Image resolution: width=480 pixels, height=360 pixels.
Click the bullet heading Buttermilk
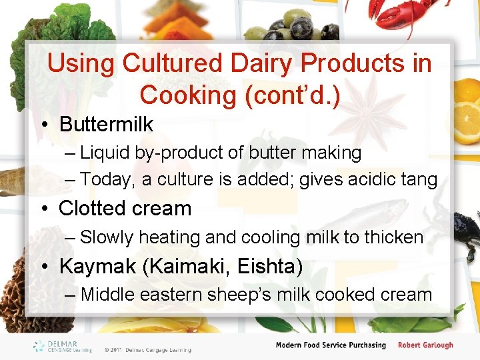coord(106,125)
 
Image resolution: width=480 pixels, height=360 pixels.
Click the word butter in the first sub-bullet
coord(271,153)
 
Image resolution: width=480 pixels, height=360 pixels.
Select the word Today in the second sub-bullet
coord(105,180)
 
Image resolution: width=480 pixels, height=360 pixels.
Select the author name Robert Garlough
coord(425,345)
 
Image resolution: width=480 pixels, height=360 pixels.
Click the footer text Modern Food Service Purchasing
coord(331,345)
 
